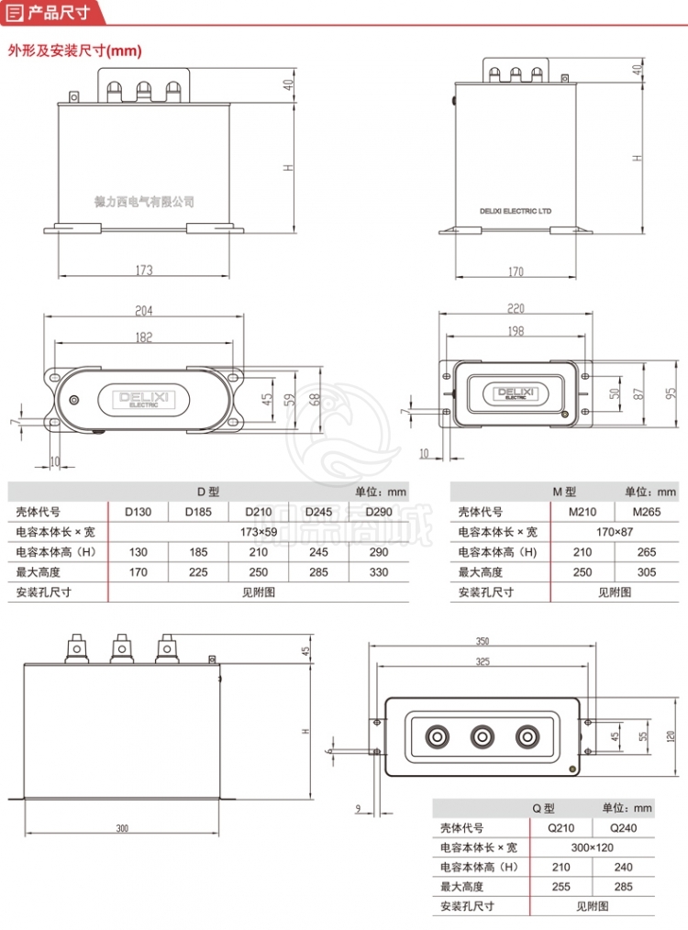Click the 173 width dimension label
(144, 271)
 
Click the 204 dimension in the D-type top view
(144, 310)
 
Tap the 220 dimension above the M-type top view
(515, 308)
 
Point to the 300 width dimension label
(122, 829)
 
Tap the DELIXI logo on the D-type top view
(139, 399)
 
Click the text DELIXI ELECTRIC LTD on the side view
(516, 211)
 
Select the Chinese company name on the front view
(145, 202)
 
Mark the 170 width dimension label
(516, 271)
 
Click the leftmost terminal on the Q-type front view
(74, 648)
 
